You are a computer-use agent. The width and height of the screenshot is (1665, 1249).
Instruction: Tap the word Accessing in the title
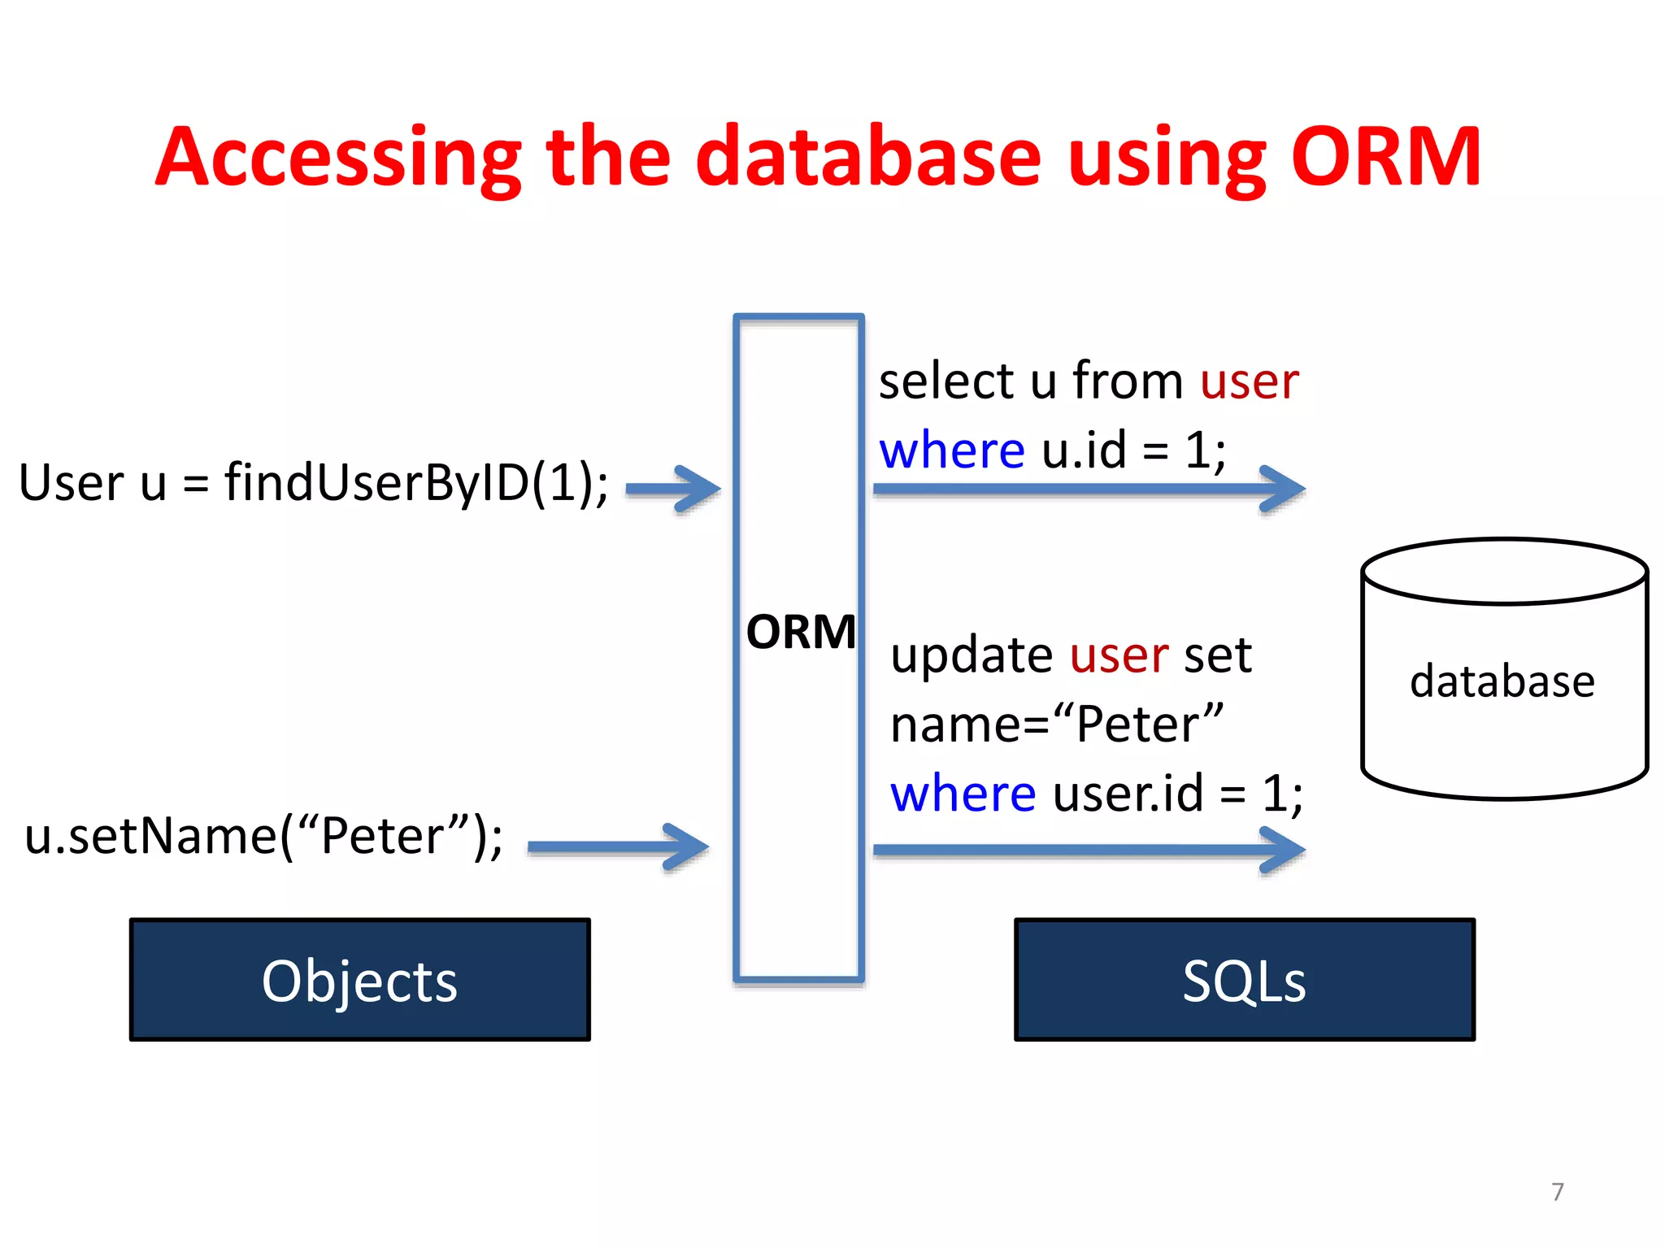[x=337, y=159]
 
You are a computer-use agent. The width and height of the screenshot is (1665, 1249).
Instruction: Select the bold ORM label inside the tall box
[x=801, y=632]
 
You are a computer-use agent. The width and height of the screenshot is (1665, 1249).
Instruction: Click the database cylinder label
[x=1502, y=681]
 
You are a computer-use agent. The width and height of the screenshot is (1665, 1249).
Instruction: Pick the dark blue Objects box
[x=359, y=980]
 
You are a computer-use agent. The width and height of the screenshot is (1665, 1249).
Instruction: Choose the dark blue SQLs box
[x=1244, y=980]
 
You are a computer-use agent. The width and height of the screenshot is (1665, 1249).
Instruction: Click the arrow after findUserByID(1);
[x=673, y=489]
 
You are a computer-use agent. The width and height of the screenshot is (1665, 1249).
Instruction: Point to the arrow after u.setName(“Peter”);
[x=618, y=846]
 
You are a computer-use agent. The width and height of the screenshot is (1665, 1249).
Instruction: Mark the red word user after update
[x=1119, y=655]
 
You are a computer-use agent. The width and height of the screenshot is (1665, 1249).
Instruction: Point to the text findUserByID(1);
[x=416, y=483]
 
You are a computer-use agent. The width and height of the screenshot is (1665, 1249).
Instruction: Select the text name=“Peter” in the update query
[x=1056, y=724]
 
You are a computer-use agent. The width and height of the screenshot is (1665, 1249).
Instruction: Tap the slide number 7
[x=1557, y=1191]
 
